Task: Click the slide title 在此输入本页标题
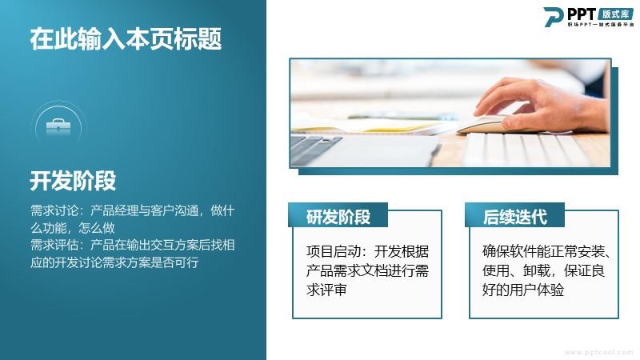(x=126, y=39)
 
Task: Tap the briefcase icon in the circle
(x=58, y=127)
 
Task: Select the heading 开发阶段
(x=73, y=181)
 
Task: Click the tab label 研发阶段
(x=338, y=217)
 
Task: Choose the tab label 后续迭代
(x=515, y=217)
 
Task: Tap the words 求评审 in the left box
(x=326, y=290)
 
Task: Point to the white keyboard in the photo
(x=534, y=150)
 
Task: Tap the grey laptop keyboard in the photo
(x=314, y=148)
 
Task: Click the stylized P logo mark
(x=553, y=17)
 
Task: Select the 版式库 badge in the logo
(x=615, y=14)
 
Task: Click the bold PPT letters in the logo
(x=582, y=14)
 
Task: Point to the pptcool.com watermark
(x=598, y=352)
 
